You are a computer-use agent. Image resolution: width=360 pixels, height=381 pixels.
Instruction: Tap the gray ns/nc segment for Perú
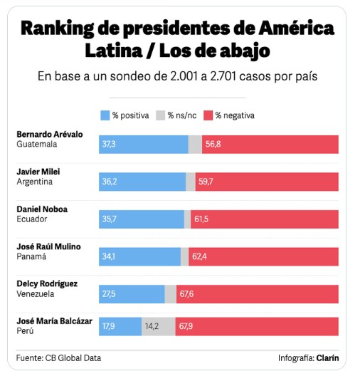(x=158, y=327)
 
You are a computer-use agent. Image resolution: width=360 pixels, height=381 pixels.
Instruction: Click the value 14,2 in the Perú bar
(x=152, y=327)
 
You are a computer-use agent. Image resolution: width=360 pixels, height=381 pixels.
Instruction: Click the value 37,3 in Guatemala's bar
(x=109, y=144)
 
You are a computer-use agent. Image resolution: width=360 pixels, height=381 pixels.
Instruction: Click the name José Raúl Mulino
(x=48, y=246)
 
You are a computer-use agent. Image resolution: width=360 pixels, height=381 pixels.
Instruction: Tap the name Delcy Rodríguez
(x=47, y=283)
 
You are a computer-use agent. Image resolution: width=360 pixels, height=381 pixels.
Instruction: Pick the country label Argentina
(x=33, y=182)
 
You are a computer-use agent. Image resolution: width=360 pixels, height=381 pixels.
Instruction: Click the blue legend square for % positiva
(x=105, y=115)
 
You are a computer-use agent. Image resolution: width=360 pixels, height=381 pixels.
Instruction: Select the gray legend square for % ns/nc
(x=160, y=115)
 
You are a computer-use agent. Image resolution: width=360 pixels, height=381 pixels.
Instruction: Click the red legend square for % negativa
(x=208, y=115)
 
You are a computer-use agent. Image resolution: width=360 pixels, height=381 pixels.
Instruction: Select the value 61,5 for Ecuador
(x=201, y=219)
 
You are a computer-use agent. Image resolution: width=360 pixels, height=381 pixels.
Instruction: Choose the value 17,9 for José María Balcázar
(x=109, y=327)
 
